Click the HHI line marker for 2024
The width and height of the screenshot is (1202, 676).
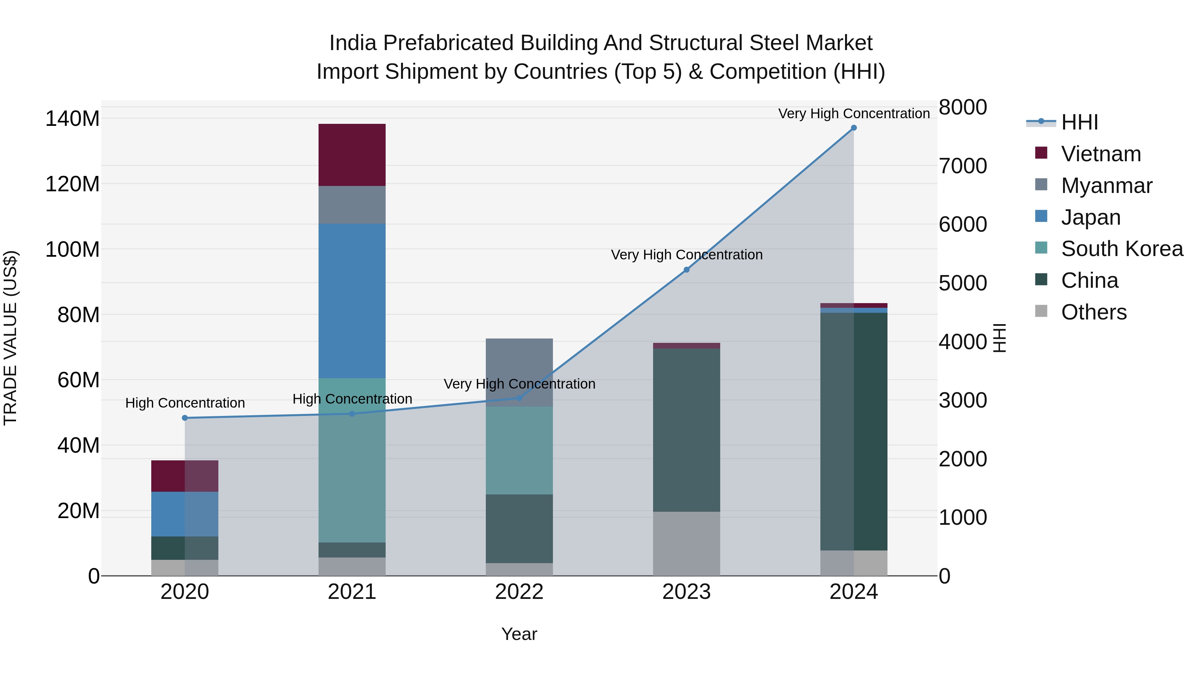coord(853,128)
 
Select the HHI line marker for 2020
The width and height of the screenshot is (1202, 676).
coord(185,418)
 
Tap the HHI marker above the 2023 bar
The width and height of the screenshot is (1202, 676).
coord(686,270)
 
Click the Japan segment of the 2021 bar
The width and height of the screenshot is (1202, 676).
coord(352,301)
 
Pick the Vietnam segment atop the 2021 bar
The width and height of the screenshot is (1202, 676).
coord(352,155)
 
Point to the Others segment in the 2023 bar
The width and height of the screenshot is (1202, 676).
coord(686,543)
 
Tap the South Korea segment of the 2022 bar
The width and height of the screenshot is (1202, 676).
coord(519,450)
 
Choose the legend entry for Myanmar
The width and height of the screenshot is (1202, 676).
coord(1107,186)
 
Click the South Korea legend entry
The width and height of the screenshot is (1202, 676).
coord(1122,249)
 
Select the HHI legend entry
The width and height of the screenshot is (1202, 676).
coord(1079,122)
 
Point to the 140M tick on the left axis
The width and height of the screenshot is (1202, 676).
coord(72,119)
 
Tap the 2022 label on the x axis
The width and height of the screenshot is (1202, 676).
coord(519,592)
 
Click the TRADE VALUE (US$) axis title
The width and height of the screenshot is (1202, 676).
coord(10,338)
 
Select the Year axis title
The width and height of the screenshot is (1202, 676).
coord(519,634)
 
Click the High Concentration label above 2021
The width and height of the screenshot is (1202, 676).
coord(352,399)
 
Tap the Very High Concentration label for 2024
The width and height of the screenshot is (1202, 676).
coord(853,114)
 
